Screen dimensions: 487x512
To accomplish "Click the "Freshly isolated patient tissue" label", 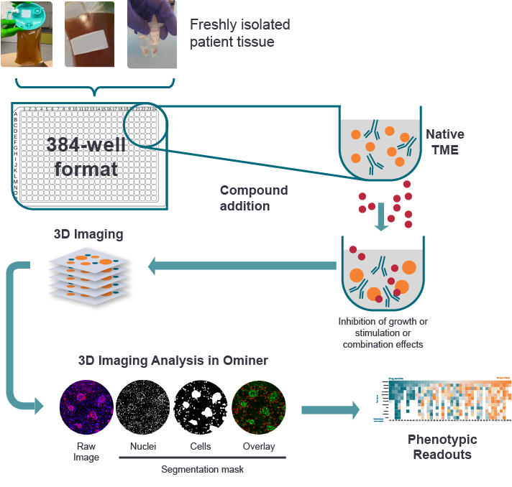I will point(239,33).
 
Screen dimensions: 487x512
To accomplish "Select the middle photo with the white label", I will point(89,34).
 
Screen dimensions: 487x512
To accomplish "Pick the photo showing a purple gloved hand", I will point(152,34).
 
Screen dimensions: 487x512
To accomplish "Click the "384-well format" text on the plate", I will point(86,157).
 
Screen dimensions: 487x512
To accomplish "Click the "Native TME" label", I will point(444,142).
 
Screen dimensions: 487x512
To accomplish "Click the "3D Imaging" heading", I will point(88,234).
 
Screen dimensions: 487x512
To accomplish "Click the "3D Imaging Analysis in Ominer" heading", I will point(173,361).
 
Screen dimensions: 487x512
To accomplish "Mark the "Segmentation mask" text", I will point(201,468).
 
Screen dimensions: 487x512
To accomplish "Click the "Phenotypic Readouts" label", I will point(442,447).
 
